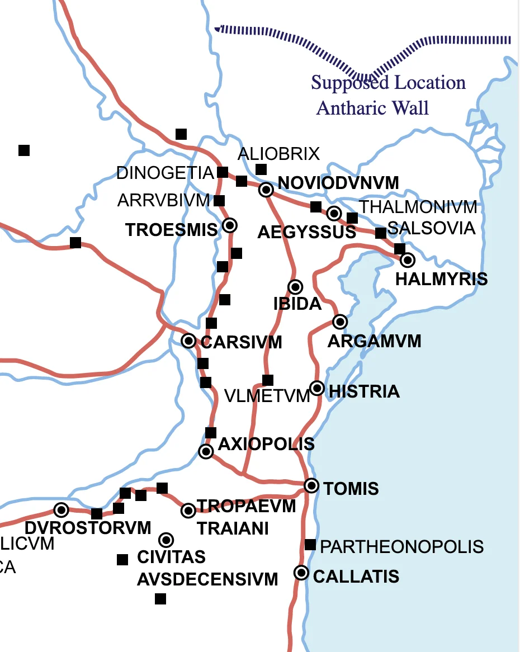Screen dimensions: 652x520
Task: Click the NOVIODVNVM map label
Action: click(x=338, y=183)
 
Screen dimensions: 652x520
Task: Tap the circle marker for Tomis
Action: click(x=311, y=485)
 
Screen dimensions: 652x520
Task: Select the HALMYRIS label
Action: click(x=441, y=278)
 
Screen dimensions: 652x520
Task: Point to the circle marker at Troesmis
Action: click(x=230, y=225)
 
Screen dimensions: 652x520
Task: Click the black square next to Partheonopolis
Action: click(x=310, y=545)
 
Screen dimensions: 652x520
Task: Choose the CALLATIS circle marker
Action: click(x=301, y=573)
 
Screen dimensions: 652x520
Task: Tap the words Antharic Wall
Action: click(x=372, y=107)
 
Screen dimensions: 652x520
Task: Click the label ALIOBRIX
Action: click(x=278, y=154)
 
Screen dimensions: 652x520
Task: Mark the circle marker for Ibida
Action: click(x=295, y=287)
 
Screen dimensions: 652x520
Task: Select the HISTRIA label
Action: click(x=365, y=391)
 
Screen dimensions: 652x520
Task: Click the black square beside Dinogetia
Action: click(x=223, y=172)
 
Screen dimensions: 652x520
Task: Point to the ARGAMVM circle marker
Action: click(x=339, y=322)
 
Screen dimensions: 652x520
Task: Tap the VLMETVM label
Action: click(x=267, y=396)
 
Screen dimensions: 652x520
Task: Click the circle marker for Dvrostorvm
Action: click(x=62, y=509)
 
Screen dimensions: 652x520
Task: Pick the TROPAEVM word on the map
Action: click(x=246, y=506)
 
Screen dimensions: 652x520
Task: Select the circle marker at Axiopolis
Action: click(x=206, y=451)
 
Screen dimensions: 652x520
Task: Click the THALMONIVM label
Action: click(x=418, y=207)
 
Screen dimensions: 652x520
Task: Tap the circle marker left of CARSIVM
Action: click(x=189, y=341)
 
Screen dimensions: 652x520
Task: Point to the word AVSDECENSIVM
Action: click(x=207, y=579)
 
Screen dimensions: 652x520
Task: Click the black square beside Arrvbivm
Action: click(x=219, y=201)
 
